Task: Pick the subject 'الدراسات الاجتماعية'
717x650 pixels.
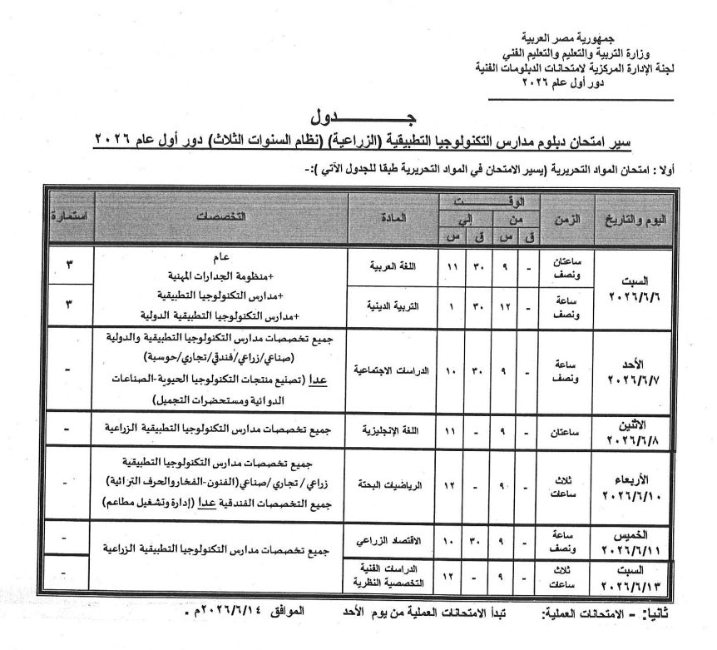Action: click(389, 367)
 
